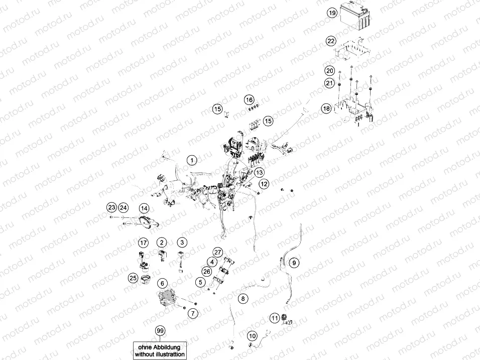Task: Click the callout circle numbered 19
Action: coord(331,14)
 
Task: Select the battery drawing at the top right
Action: coord(355,17)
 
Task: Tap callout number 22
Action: coord(330,41)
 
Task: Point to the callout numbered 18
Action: coord(326,108)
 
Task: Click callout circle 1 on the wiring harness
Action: coord(191,160)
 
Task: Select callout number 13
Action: coord(259,172)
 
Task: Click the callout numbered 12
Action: coord(264,184)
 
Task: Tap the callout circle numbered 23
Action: coord(111,207)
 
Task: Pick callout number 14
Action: coord(144,208)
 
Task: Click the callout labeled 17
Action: coord(144,243)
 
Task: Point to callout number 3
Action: coord(182,243)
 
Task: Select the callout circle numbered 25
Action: coord(133,278)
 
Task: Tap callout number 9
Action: coord(294,262)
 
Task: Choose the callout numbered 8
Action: coord(243,299)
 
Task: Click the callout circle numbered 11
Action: coord(274,317)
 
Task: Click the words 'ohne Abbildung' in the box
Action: coord(160,347)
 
